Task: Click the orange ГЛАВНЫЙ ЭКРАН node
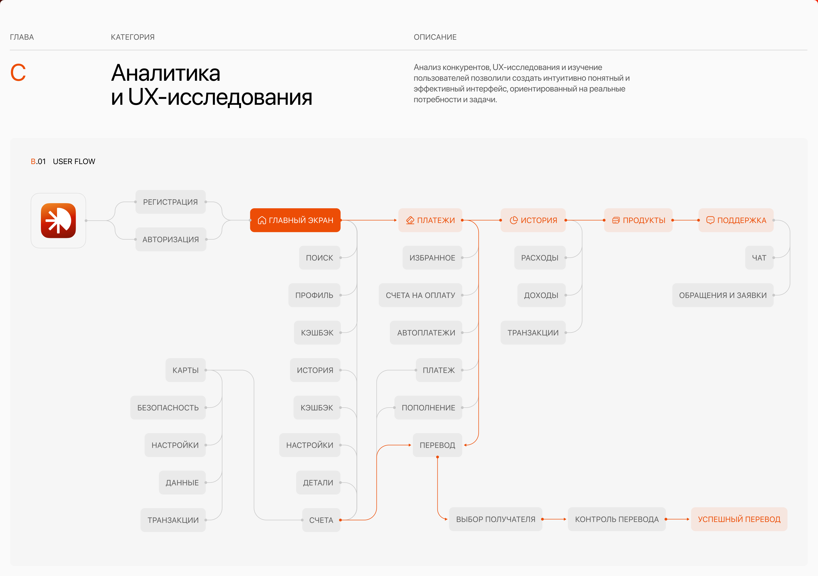295,220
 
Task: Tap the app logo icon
59,221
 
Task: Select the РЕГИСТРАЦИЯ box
170,202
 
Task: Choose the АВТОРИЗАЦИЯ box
171,239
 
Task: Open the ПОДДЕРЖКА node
736,220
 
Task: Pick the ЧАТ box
759,258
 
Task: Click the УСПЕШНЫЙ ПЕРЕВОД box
739,519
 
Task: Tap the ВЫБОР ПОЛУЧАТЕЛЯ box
496,519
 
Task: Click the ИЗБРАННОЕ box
432,258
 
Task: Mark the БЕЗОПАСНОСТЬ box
168,408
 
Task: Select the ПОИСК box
319,258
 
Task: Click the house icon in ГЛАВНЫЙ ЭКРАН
262,221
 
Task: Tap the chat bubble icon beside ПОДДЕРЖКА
710,220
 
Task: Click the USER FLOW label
74,161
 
